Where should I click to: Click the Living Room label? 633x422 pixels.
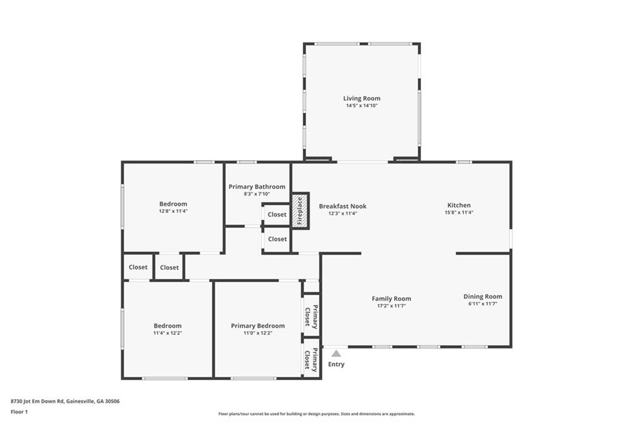pyautogui.click(x=362, y=98)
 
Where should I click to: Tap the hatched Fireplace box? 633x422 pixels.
pyautogui.click(x=300, y=211)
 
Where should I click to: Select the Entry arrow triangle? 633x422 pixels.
pyautogui.click(x=336, y=354)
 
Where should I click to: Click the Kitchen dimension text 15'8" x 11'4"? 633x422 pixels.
pyautogui.click(x=459, y=212)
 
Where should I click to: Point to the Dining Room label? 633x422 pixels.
pyautogui.click(x=483, y=296)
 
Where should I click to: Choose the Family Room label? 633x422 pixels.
pyautogui.click(x=391, y=299)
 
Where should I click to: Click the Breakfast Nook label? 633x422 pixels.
pyautogui.click(x=342, y=206)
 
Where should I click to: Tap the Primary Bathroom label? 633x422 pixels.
pyautogui.click(x=257, y=187)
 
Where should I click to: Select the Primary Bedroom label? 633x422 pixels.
pyautogui.click(x=258, y=326)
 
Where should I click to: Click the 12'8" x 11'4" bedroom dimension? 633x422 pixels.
pyautogui.click(x=173, y=211)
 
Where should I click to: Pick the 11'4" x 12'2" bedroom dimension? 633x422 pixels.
pyautogui.click(x=168, y=333)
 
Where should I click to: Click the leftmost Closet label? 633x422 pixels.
pyautogui.click(x=138, y=267)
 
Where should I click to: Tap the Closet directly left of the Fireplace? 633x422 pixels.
pyautogui.click(x=277, y=215)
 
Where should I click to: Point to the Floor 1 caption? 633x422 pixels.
pyautogui.click(x=19, y=412)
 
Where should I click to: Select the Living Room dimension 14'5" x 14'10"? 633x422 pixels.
pyautogui.click(x=362, y=105)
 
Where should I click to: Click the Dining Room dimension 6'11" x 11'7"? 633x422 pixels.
pyautogui.click(x=483, y=304)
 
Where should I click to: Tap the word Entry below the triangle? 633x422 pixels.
pyautogui.click(x=336, y=364)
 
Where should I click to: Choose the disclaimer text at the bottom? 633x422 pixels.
pyautogui.click(x=316, y=414)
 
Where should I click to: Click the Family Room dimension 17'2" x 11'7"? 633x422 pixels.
pyautogui.click(x=391, y=306)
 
